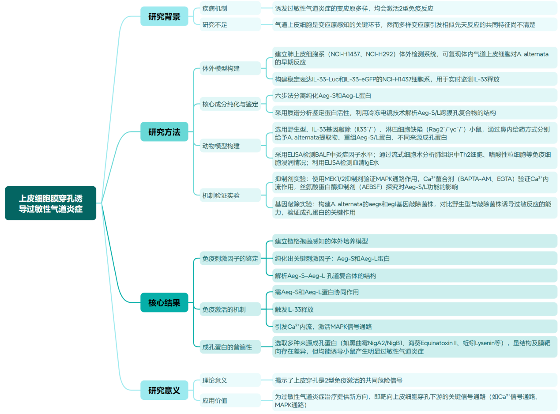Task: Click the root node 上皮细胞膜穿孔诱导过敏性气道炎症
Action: tap(50, 203)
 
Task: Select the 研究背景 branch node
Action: tap(164, 16)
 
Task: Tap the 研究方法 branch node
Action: tap(164, 132)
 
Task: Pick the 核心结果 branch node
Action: tap(164, 302)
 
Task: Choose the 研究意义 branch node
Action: tap(164, 390)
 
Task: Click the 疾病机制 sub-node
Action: tap(215, 8)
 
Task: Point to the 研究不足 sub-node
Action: tap(215, 25)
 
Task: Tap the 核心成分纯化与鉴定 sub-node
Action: tap(230, 104)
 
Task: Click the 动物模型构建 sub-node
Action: tap(221, 146)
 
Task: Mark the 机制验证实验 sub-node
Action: tap(221, 195)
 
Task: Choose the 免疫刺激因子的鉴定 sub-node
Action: tap(230, 259)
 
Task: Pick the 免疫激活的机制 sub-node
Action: tap(224, 309)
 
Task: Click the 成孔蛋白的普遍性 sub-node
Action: tap(227, 347)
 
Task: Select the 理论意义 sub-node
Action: tap(215, 380)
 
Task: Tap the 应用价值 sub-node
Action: tap(215, 401)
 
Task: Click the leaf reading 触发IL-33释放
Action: tap(294, 309)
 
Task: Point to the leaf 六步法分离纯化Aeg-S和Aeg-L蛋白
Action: tap(326, 95)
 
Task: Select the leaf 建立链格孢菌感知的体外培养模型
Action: tap(321, 241)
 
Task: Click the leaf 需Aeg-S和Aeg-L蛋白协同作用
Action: tap(316, 292)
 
